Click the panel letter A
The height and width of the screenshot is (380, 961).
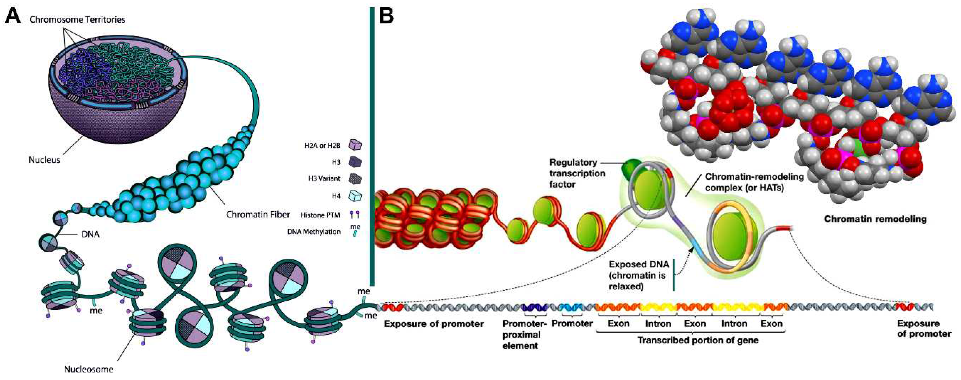click(13, 16)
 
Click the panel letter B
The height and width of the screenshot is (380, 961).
click(387, 16)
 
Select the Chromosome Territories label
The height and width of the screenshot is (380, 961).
click(77, 19)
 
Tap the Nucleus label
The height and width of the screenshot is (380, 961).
click(44, 160)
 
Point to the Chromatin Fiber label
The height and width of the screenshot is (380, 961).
click(258, 214)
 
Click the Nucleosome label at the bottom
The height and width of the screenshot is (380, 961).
click(89, 369)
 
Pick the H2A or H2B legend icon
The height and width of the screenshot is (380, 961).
click(355, 145)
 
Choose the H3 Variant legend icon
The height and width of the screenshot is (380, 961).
click(355, 179)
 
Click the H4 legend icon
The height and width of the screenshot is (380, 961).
click(355, 196)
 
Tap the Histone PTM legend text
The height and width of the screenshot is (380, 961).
click(320, 215)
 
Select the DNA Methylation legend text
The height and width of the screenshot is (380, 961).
click(314, 232)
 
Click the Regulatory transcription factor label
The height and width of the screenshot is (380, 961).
click(577, 173)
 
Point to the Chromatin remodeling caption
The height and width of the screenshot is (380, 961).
click(875, 219)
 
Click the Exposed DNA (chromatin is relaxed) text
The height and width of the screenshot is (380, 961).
click(639, 275)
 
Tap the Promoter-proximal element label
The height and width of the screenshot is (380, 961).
click(524, 334)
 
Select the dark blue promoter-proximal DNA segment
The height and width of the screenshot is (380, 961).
click(534, 308)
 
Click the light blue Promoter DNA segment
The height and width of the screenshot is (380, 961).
click(571, 308)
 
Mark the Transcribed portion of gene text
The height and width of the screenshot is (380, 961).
click(698, 340)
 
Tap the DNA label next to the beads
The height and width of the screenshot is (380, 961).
click(90, 234)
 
